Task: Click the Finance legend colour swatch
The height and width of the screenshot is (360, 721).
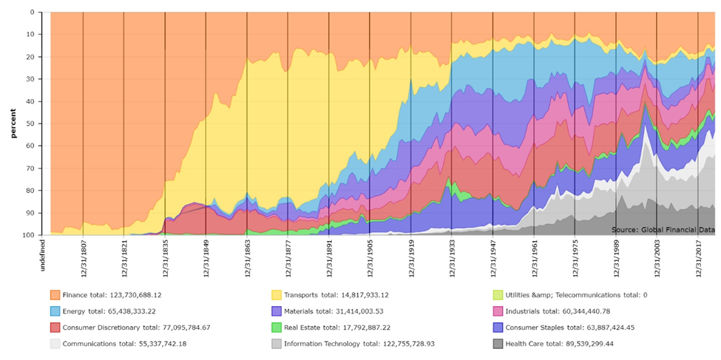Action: [x=55, y=295]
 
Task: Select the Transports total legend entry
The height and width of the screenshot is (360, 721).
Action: [x=332, y=295]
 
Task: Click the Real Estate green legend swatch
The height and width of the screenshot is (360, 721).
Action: [x=277, y=327]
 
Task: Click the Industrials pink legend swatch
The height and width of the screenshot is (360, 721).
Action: [x=499, y=311]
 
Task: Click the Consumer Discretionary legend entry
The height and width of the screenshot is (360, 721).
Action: [x=133, y=327]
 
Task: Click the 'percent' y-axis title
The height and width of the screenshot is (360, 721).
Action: [x=13, y=123]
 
